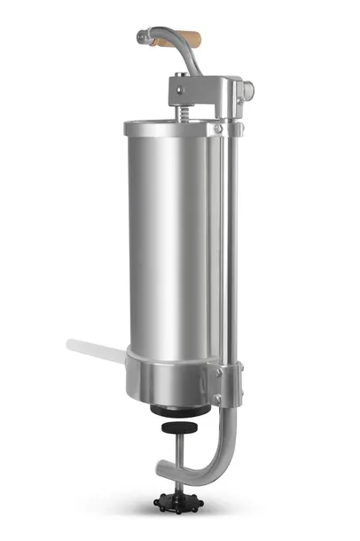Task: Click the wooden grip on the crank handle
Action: coord(184,39)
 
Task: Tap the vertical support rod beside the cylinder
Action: coord(233,248)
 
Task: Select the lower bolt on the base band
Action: coord(218,399)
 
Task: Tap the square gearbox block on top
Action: coord(200,93)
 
